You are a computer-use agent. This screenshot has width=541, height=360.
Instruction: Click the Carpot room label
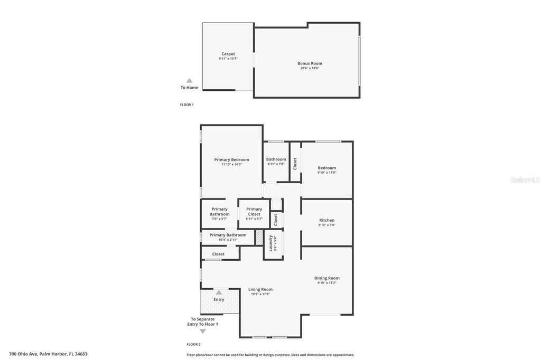tap(228, 54)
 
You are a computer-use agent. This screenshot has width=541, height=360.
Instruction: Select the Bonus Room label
tap(310, 63)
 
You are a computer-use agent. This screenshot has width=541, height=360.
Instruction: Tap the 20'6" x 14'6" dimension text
tap(310, 68)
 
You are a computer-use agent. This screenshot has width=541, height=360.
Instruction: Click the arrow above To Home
tap(189, 81)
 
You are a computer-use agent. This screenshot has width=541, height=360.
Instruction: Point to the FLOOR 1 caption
tap(186, 105)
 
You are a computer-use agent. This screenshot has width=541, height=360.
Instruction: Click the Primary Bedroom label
tap(231, 159)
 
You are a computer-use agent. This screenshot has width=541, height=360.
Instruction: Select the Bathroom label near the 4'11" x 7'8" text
tap(276, 159)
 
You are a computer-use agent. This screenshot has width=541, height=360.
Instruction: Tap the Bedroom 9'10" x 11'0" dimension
tap(327, 173)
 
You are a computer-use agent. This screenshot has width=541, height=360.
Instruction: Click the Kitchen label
tap(327, 220)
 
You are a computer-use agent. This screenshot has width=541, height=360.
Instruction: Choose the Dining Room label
tap(327, 278)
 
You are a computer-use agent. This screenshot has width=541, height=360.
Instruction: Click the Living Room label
tap(260, 289)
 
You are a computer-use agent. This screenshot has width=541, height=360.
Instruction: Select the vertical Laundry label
tap(270, 243)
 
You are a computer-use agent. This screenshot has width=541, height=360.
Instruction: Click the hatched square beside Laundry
tap(259, 238)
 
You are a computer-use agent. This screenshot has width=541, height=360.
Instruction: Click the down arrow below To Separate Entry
tap(203, 331)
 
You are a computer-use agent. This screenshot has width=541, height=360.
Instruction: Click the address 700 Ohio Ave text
tap(48, 354)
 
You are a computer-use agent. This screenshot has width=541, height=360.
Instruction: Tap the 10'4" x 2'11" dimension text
tap(228, 240)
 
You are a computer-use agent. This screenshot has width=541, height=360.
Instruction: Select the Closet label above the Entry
tap(218, 254)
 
